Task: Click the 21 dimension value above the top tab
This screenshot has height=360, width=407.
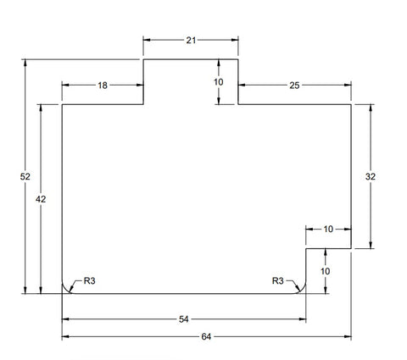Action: (191, 41)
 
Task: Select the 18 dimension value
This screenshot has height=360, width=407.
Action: (103, 86)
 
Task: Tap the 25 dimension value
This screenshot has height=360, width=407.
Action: (294, 86)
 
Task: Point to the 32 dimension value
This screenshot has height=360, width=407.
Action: (371, 176)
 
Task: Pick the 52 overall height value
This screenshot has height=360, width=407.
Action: (25, 176)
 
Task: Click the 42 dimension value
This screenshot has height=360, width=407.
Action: (41, 199)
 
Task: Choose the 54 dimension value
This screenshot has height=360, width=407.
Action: (184, 319)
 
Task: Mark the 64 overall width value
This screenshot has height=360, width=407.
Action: (206, 336)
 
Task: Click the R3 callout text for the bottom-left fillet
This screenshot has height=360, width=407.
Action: (90, 280)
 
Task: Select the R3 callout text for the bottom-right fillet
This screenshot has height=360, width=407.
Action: (277, 280)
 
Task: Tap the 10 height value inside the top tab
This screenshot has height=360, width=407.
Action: (218, 82)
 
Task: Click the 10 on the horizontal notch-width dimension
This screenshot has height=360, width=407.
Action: (328, 229)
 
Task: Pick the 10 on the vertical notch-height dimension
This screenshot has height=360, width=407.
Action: (326, 271)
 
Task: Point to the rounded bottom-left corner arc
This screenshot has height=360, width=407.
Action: (64, 291)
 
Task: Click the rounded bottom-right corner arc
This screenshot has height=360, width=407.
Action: (304, 291)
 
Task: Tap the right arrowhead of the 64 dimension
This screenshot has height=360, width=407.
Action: (348, 336)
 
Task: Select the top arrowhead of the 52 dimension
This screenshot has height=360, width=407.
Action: (25, 63)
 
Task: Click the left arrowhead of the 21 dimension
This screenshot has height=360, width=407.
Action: (147, 40)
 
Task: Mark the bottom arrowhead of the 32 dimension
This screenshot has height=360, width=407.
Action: (371, 245)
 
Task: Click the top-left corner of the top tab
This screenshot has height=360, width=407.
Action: (143, 59)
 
